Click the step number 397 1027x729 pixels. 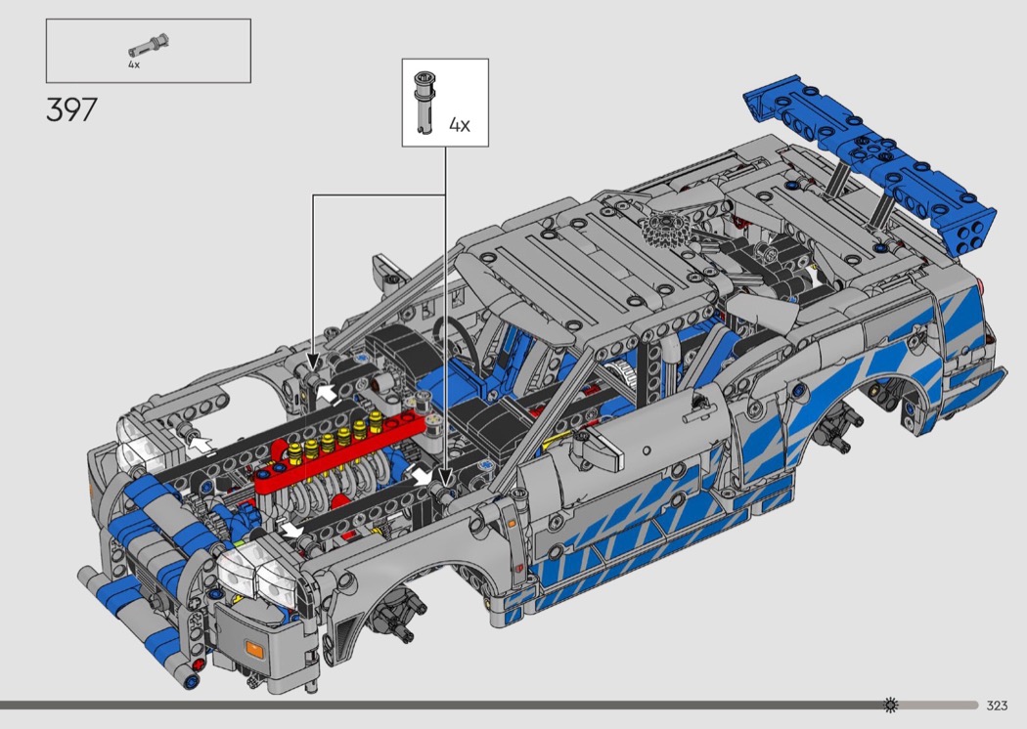point(72,109)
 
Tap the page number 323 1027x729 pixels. point(997,705)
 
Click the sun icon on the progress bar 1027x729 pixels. point(890,705)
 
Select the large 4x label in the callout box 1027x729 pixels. point(459,124)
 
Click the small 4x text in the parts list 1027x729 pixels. point(134,64)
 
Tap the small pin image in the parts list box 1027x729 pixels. point(150,47)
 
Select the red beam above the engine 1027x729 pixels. point(340,451)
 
